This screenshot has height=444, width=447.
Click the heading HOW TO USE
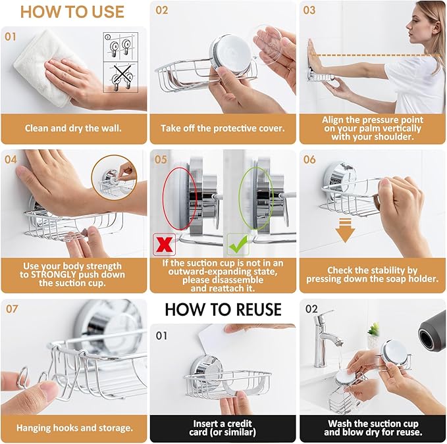point(72,12)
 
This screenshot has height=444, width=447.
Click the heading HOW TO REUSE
point(223,309)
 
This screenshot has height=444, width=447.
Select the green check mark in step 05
point(238,243)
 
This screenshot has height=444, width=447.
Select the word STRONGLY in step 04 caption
point(51,275)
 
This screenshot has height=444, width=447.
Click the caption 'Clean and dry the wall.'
point(73,128)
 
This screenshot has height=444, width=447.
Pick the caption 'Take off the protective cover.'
point(222,128)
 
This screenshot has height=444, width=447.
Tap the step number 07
point(12,308)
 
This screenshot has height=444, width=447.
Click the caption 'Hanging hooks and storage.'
point(74,428)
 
